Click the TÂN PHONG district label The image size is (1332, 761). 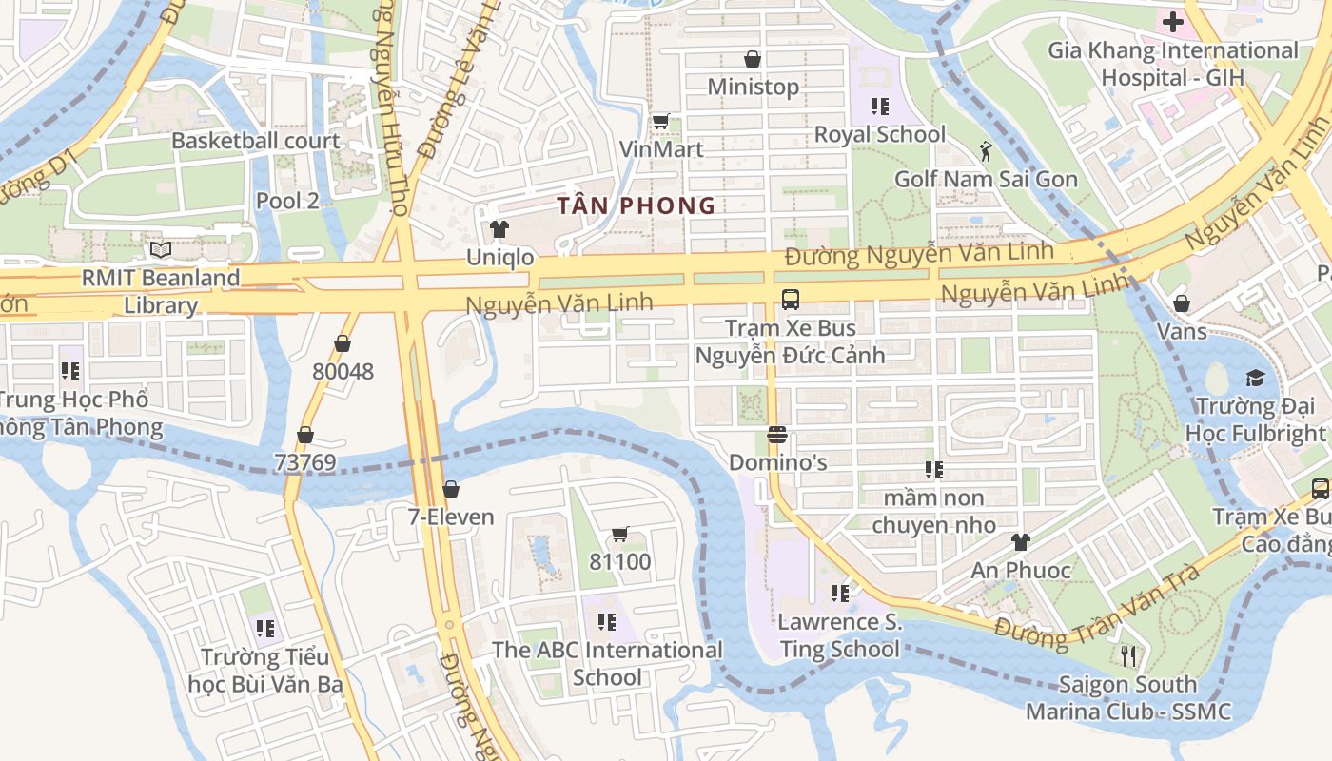(x=636, y=205)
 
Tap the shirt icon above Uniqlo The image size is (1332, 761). (x=499, y=229)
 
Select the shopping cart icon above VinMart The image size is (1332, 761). (x=660, y=121)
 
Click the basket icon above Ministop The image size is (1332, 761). (x=753, y=59)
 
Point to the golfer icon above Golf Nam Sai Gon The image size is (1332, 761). (x=986, y=150)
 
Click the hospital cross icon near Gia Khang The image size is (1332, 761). (x=1172, y=21)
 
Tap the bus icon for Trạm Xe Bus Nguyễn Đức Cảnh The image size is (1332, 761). (x=790, y=300)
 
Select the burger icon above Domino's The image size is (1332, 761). (x=777, y=436)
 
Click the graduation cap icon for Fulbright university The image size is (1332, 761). (x=1255, y=378)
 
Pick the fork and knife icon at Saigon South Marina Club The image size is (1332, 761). (x=1128, y=655)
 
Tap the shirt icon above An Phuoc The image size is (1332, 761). (x=1020, y=542)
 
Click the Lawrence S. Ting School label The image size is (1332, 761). (x=839, y=635)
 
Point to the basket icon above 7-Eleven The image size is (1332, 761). (x=451, y=489)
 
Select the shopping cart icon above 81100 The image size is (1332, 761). (x=620, y=534)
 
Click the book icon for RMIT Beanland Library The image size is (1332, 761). (x=161, y=249)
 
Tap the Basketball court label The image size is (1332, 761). (x=255, y=141)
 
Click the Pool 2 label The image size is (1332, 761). (x=287, y=201)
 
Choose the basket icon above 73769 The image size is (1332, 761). (x=305, y=435)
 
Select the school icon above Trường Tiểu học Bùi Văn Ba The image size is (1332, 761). (x=264, y=628)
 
